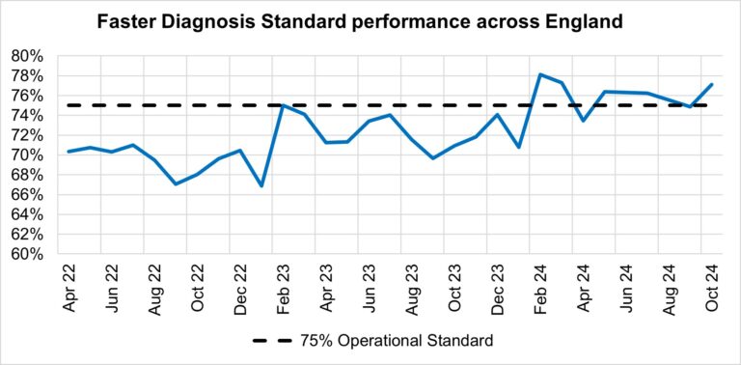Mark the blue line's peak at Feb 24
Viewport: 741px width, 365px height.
(539, 74)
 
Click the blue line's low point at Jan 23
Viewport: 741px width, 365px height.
(261, 185)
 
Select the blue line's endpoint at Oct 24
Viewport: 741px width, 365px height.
(712, 84)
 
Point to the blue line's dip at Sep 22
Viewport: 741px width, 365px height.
(175, 183)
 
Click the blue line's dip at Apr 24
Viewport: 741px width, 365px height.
(583, 121)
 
